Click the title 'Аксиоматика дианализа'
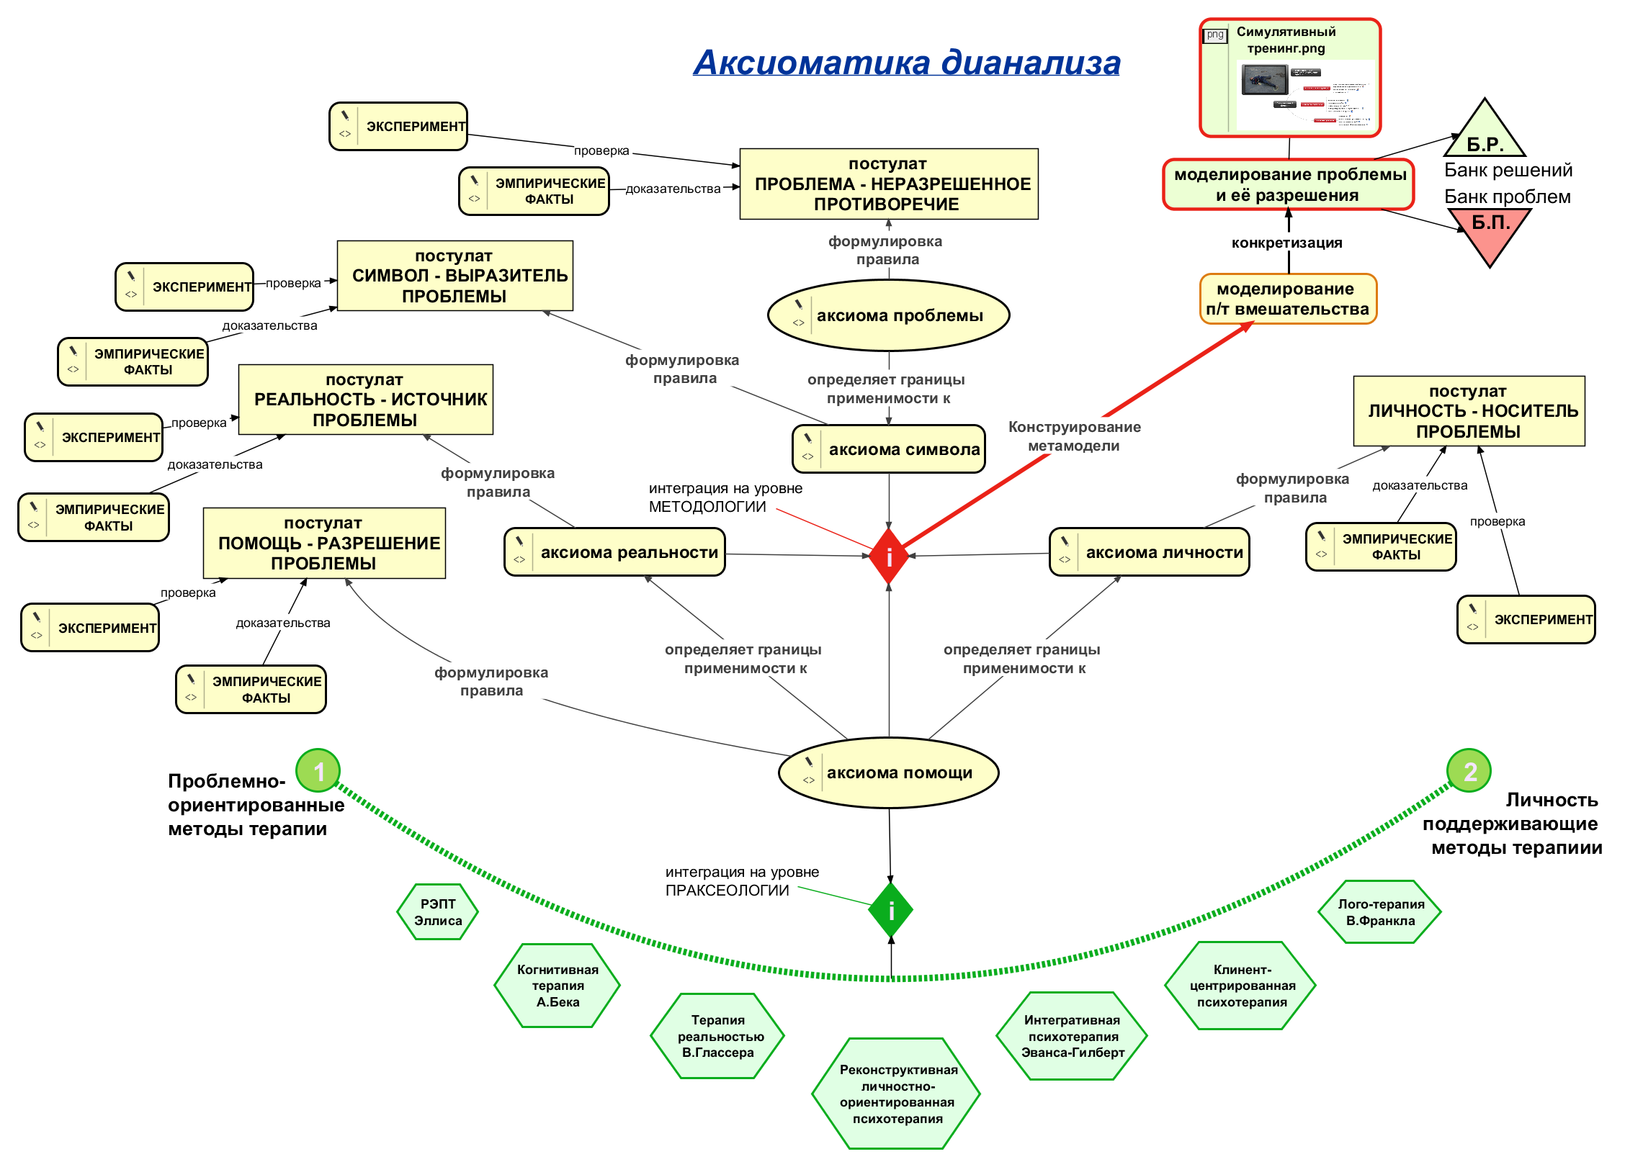906,63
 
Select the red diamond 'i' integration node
889,557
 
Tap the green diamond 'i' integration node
890,911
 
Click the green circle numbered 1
318,772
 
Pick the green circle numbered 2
1469,771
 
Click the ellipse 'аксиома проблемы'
889,315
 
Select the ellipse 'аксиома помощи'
889,773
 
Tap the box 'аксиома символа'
889,449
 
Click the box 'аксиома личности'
1150,552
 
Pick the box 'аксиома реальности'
614,552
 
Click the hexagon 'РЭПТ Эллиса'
438,912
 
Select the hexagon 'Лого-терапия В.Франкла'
1380,912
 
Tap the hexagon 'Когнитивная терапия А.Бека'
558,986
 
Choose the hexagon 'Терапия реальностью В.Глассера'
717,1036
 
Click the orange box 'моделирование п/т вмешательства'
1288,299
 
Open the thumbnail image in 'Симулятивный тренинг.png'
1305,94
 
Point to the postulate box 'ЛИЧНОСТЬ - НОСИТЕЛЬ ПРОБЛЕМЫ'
1469,411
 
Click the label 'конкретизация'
1286,243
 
